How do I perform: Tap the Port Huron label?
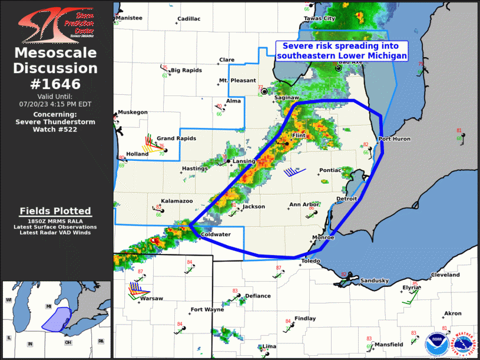(394, 139)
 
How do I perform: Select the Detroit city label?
(347, 199)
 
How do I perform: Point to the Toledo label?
(312, 260)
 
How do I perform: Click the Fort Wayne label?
(207, 310)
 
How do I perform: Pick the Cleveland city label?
(445, 275)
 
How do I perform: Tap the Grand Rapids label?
(176, 138)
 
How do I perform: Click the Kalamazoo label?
(177, 201)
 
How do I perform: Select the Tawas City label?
(319, 18)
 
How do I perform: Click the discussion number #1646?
(56, 84)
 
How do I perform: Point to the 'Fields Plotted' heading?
(55, 211)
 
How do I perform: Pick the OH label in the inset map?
(68, 343)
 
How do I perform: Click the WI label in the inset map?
(9, 300)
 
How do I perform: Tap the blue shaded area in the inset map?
(57, 319)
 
